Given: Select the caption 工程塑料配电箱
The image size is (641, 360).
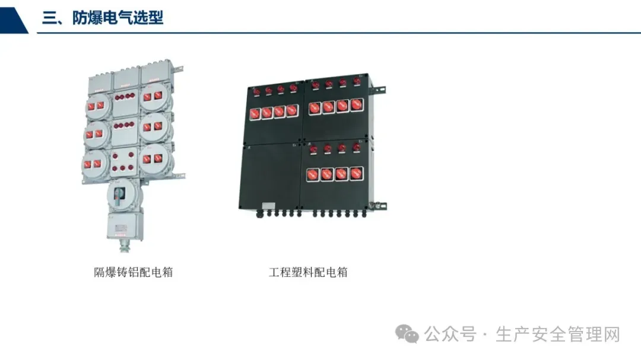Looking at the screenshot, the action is point(308,272).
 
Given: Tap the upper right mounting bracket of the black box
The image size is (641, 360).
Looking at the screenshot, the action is point(378,91).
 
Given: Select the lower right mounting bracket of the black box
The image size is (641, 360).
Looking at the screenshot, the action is point(378,206).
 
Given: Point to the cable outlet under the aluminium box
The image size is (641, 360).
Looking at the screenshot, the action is point(124,245).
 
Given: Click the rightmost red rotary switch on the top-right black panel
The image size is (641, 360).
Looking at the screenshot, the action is point(356,105).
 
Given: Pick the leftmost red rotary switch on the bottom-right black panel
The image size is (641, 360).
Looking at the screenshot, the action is point(313,174).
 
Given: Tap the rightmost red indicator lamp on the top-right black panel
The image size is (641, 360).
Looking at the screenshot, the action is point(357,81).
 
